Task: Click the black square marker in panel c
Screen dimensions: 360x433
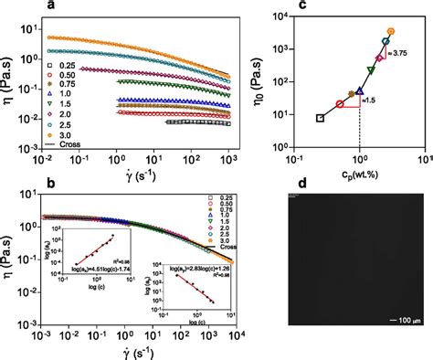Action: click(320, 118)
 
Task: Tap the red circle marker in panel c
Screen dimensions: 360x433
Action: click(340, 104)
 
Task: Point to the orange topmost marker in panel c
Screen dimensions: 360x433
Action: click(391, 31)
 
